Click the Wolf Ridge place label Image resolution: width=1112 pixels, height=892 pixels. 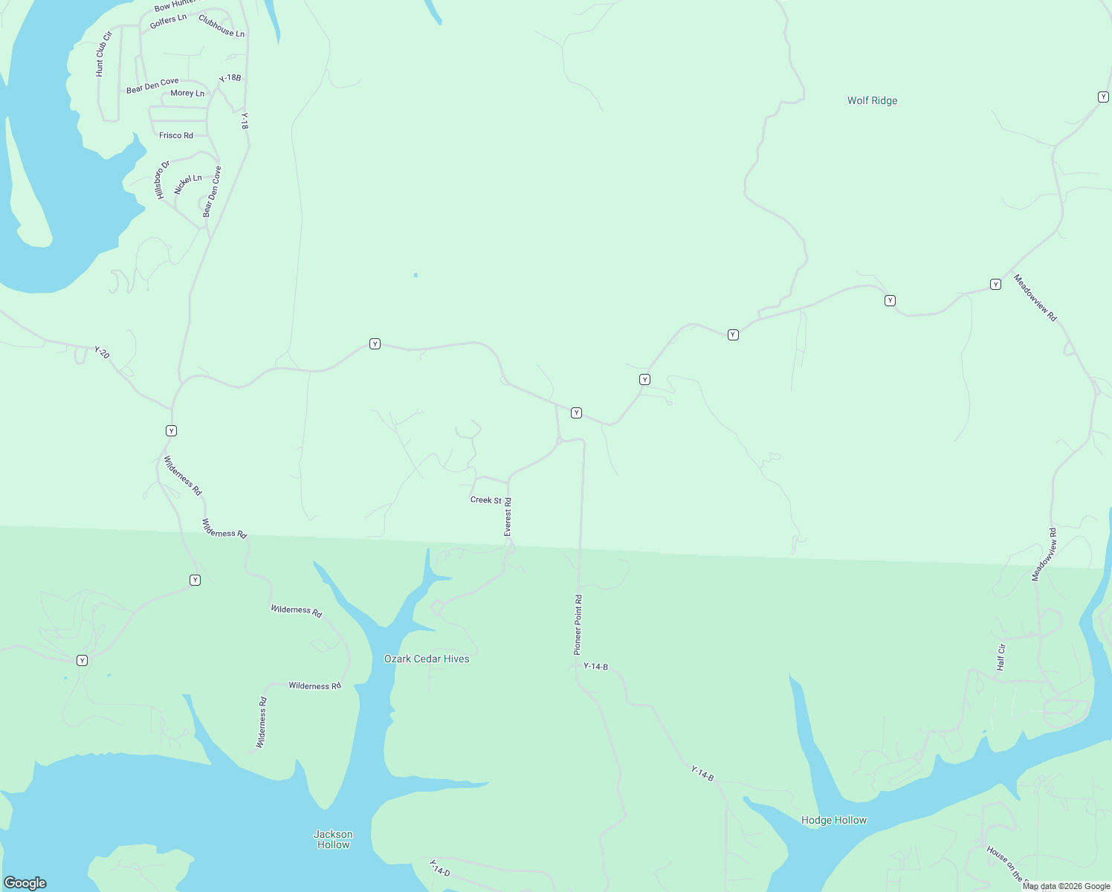click(872, 100)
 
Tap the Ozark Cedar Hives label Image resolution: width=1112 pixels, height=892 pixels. click(427, 659)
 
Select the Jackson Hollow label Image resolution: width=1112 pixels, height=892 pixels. click(333, 839)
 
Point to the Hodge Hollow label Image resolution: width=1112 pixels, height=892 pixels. click(834, 820)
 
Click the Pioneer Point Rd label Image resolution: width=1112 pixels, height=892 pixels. click(578, 624)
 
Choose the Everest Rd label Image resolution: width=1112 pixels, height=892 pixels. click(508, 517)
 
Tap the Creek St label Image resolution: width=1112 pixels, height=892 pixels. click(485, 500)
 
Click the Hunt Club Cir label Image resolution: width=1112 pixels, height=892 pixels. click(103, 54)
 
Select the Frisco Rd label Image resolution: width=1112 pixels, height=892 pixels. click(176, 135)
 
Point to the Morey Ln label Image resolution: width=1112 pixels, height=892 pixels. click(187, 94)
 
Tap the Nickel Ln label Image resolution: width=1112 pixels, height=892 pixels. click(188, 184)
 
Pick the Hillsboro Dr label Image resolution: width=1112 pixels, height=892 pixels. click(162, 179)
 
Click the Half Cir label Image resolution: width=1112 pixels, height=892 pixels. click(1001, 656)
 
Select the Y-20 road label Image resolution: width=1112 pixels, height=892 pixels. click(102, 352)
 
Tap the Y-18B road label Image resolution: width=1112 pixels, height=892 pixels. click(230, 78)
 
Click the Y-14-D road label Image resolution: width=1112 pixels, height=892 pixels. click(439, 867)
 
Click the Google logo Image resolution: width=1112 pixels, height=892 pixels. click(25, 882)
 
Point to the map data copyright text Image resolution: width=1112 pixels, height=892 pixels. click(1066, 886)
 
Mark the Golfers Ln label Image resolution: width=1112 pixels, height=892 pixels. click(168, 21)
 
